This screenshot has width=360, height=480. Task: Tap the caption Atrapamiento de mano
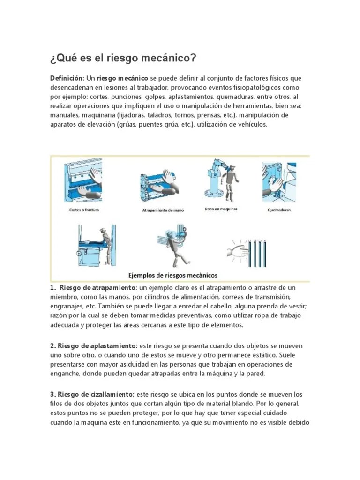pyautogui.click(x=163, y=210)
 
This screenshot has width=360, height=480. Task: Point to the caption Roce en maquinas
pyautogui.click(x=221, y=209)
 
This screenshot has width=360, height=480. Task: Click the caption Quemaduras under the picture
pyautogui.click(x=278, y=210)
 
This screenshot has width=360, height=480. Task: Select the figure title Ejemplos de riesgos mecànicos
pyautogui.click(x=173, y=275)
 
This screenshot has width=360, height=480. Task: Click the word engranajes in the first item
pyautogui.click(x=66, y=306)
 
